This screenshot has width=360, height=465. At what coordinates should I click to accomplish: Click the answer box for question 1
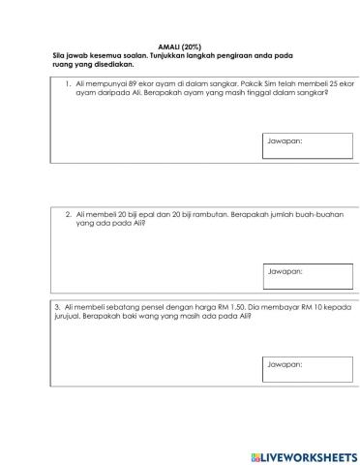[x=307, y=147]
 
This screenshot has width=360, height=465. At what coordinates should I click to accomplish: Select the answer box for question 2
[x=307, y=277]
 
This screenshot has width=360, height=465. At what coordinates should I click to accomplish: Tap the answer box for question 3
[x=307, y=371]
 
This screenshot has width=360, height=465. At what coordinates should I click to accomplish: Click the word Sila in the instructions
[x=59, y=57]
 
